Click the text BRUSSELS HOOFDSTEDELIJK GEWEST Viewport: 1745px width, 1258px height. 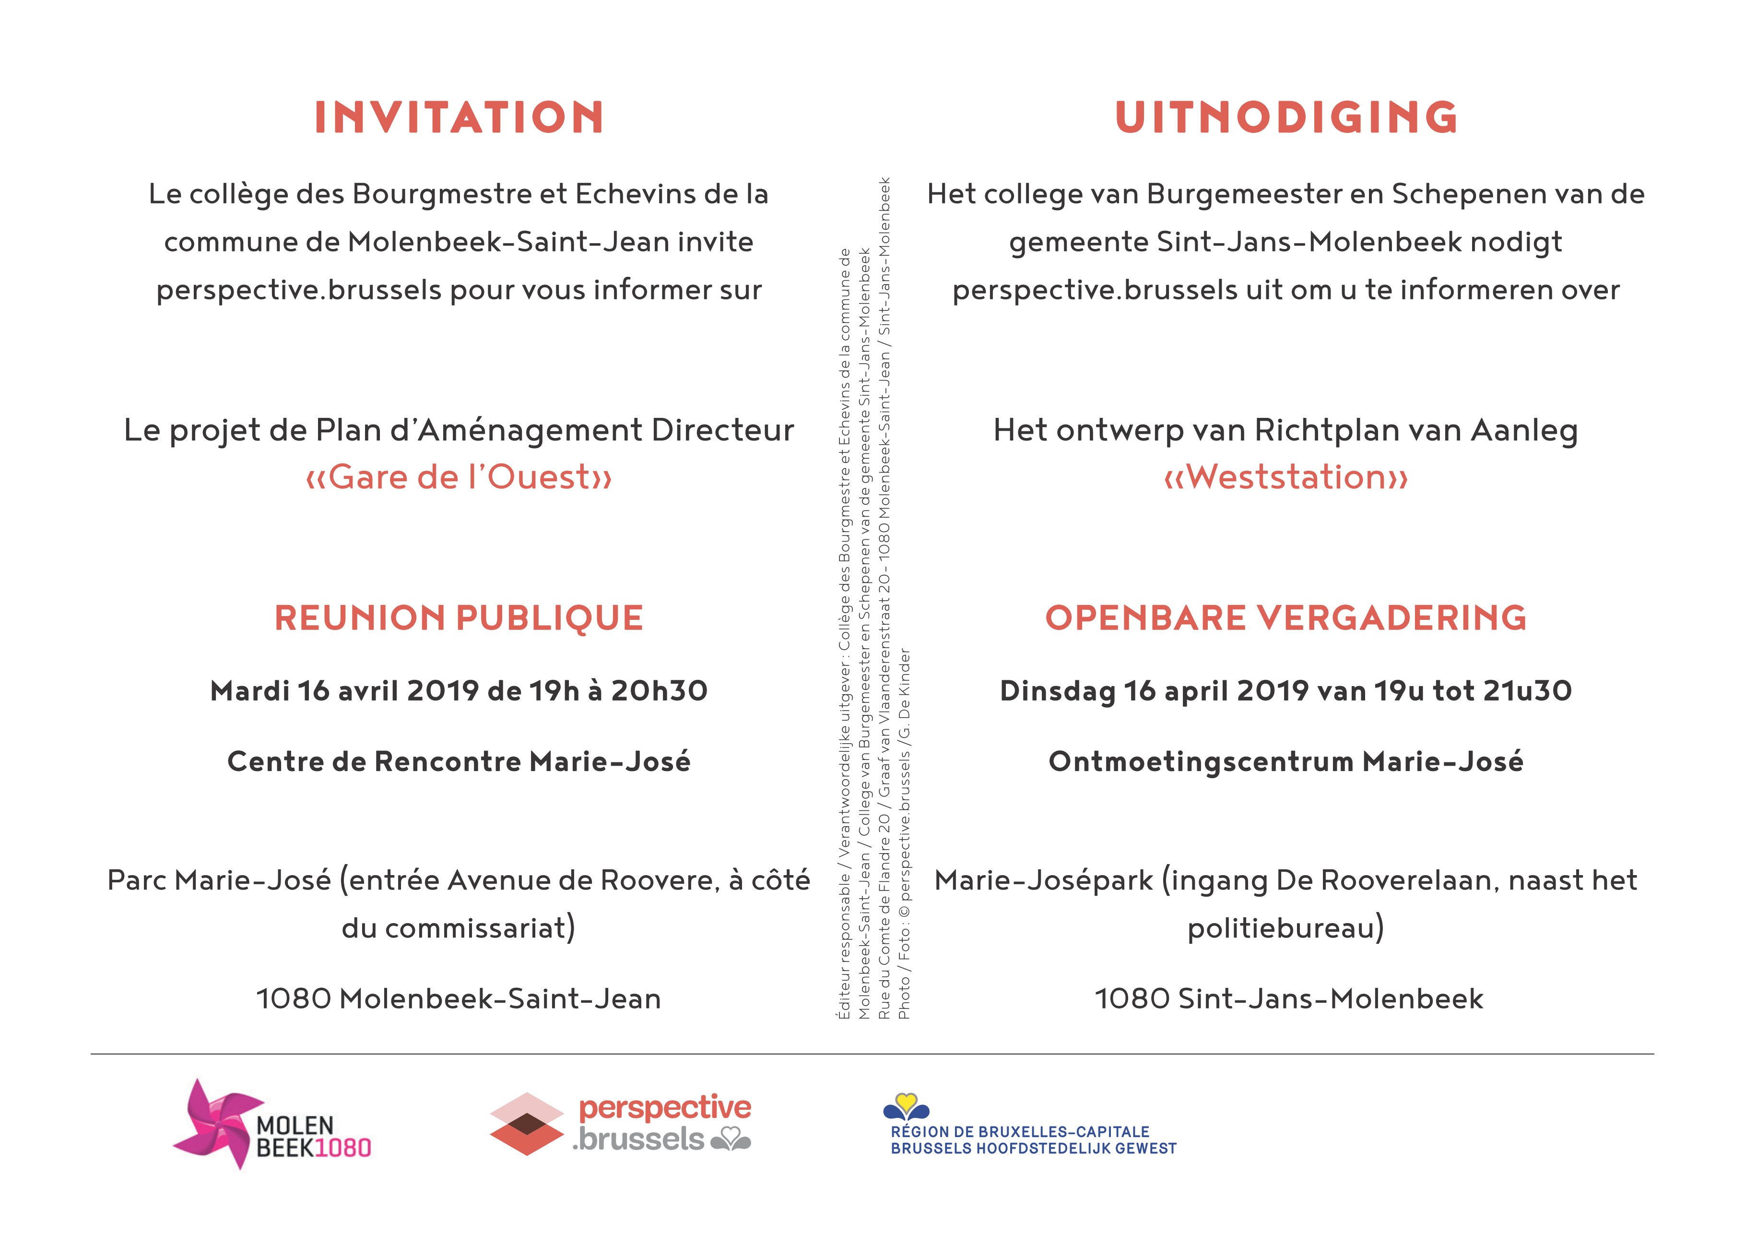(x=1033, y=1149)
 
